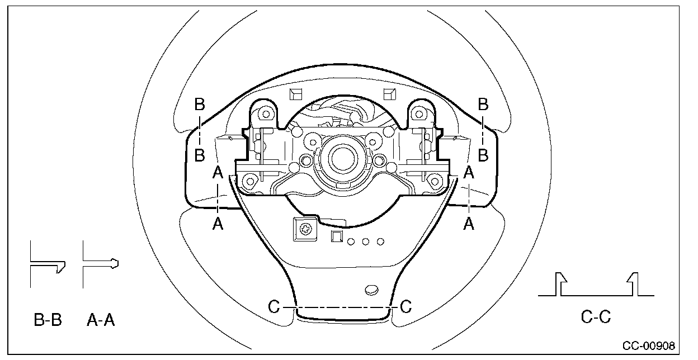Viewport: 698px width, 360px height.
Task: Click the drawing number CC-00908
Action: (x=649, y=345)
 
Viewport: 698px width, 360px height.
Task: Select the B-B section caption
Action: (x=48, y=320)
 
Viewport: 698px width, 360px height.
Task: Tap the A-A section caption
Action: (x=101, y=320)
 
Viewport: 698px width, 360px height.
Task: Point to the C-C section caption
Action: (x=596, y=317)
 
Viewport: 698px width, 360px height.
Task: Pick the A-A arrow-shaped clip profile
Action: (x=100, y=264)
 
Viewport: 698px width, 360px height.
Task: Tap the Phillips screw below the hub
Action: (x=305, y=230)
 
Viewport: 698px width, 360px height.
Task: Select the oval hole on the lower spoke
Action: (x=371, y=290)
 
